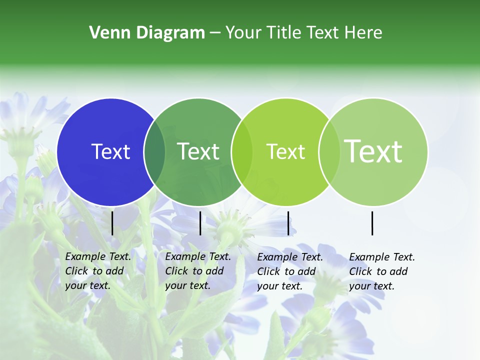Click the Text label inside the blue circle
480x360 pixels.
click(x=110, y=151)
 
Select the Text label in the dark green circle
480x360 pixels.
click(x=198, y=151)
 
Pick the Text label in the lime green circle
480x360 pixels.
click(x=285, y=151)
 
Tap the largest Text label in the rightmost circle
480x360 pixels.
click(x=373, y=151)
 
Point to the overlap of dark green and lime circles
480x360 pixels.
click(x=242, y=152)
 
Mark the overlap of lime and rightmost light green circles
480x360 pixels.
click(x=329, y=152)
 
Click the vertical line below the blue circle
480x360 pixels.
click(x=112, y=223)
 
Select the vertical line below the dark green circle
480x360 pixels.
click(x=200, y=223)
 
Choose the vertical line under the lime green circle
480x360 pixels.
click(x=288, y=223)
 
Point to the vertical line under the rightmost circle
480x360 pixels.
click(x=372, y=223)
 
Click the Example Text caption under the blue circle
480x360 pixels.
click(x=98, y=271)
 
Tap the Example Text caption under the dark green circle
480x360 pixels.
click(x=198, y=271)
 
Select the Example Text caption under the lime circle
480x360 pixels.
click(x=290, y=271)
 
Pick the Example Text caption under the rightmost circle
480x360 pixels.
click(x=382, y=271)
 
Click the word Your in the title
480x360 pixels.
click(x=243, y=33)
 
